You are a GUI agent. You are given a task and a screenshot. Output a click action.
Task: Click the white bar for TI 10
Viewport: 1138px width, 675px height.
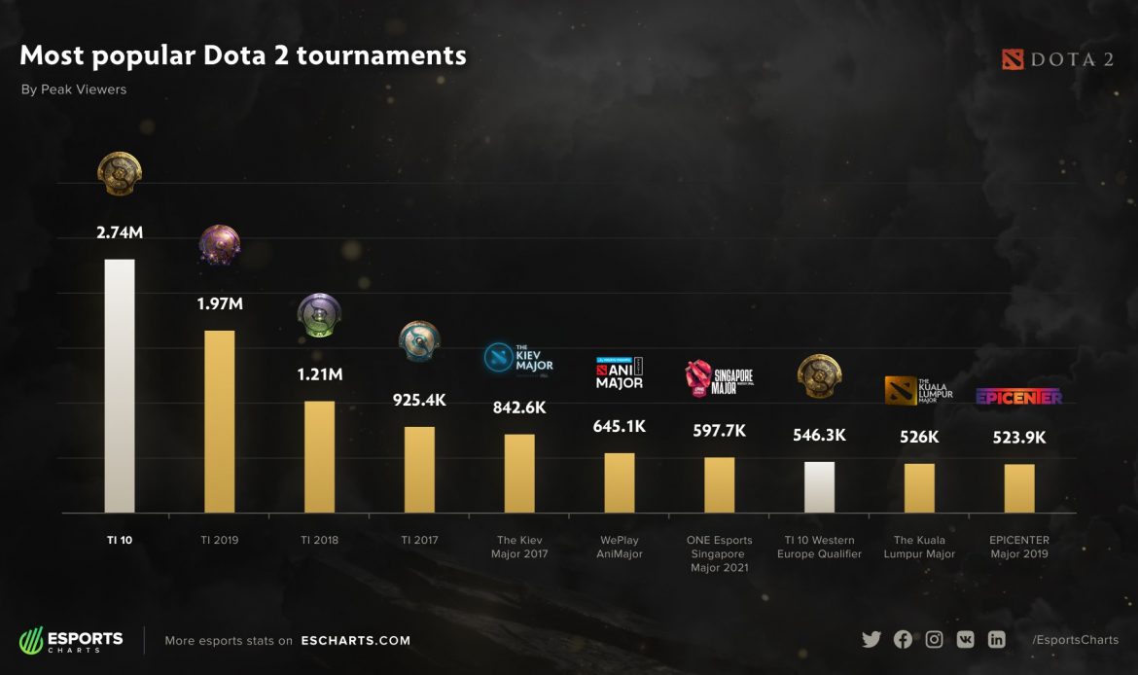coord(119,385)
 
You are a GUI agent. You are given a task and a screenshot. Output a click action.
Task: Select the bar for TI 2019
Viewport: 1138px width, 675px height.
coord(219,421)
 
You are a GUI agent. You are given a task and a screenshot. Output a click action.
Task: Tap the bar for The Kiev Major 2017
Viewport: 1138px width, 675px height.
coord(519,473)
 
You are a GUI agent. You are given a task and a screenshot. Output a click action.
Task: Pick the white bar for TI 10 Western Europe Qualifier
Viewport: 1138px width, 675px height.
coord(819,486)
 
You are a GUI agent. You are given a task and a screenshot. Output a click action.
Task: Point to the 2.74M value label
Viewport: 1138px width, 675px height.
coord(120,233)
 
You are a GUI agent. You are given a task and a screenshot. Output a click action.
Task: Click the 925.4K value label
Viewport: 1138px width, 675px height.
coord(419,400)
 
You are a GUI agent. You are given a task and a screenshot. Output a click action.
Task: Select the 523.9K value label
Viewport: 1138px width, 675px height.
coord(1019,438)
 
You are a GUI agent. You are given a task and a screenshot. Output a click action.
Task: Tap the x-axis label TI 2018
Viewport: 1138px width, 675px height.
coord(319,540)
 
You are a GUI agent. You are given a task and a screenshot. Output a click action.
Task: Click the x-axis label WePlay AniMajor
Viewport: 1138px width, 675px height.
coord(619,547)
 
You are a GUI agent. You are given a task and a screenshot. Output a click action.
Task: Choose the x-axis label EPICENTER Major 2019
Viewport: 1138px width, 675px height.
coord(1019,547)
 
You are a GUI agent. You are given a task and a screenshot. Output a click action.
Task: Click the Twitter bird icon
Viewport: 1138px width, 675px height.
coord(871,639)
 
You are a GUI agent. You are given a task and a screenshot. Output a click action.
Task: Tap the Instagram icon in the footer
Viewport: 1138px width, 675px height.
coord(934,639)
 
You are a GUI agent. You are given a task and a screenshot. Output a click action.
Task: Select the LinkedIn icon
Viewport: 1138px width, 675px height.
coord(996,639)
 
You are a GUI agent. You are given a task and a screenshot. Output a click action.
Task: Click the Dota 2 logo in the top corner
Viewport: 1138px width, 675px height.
coord(1057,59)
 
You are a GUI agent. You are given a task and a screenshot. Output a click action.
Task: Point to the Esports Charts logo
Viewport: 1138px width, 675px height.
coord(72,640)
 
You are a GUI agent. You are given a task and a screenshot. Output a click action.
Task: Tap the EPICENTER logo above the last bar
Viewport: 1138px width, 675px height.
coord(1018,396)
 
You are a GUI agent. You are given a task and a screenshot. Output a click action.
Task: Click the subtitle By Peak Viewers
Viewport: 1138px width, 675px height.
coord(74,89)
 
